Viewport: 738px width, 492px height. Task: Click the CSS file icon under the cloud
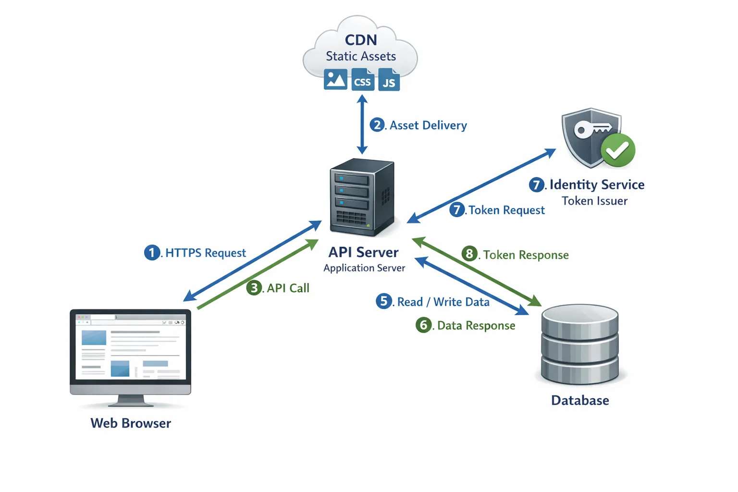pyautogui.click(x=362, y=80)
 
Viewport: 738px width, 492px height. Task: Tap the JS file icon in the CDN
pyautogui.click(x=389, y=80)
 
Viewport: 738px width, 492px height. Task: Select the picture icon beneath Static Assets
pyautogui.click(x=335, y=79)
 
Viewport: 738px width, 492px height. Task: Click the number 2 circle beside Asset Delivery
pyautogui.click(x=377, y=125)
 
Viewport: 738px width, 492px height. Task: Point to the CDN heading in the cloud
pyautogui.click(x=361, y=40)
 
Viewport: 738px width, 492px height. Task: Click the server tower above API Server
pyautogui.click(x=362, y=197)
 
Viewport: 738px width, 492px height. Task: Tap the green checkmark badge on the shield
pyautogui.click(x=618, y=150)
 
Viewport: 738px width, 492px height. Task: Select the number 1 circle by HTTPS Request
pyautogui.click(x=152, y=252)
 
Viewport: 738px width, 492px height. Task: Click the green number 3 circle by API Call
pyautogui.click(x=254, y=288)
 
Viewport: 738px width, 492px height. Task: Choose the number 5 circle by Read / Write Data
pyautogui.click(x=383, y=301)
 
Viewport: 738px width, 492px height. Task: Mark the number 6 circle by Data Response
pyautogui.click(x=423, y=325)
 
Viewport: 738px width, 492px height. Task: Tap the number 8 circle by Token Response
pyautogui.click(x=469, y=254)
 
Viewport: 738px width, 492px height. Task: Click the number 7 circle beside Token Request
pyautogui.click(x=457, y=209)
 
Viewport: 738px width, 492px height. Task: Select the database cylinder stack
pyautogui.click(x=579, y=344)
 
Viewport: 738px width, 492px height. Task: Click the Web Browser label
pyautogui.click(x=131, y=423)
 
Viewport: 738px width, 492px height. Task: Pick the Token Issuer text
pyautogui.click(x=594, y=201)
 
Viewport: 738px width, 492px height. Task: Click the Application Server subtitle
pyautogui.click(x=364, y=268)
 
